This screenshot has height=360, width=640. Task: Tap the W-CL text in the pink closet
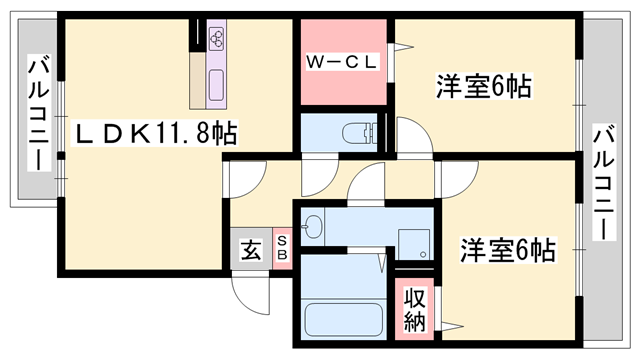coord(340,62)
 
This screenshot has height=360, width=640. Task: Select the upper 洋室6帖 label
coord(482,88)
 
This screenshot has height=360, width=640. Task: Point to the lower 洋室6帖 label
coord(507,249)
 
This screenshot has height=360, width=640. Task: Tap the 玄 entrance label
coord(250,250)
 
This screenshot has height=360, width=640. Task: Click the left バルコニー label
coord(37,113)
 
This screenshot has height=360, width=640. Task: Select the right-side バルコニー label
coord(603,181)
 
